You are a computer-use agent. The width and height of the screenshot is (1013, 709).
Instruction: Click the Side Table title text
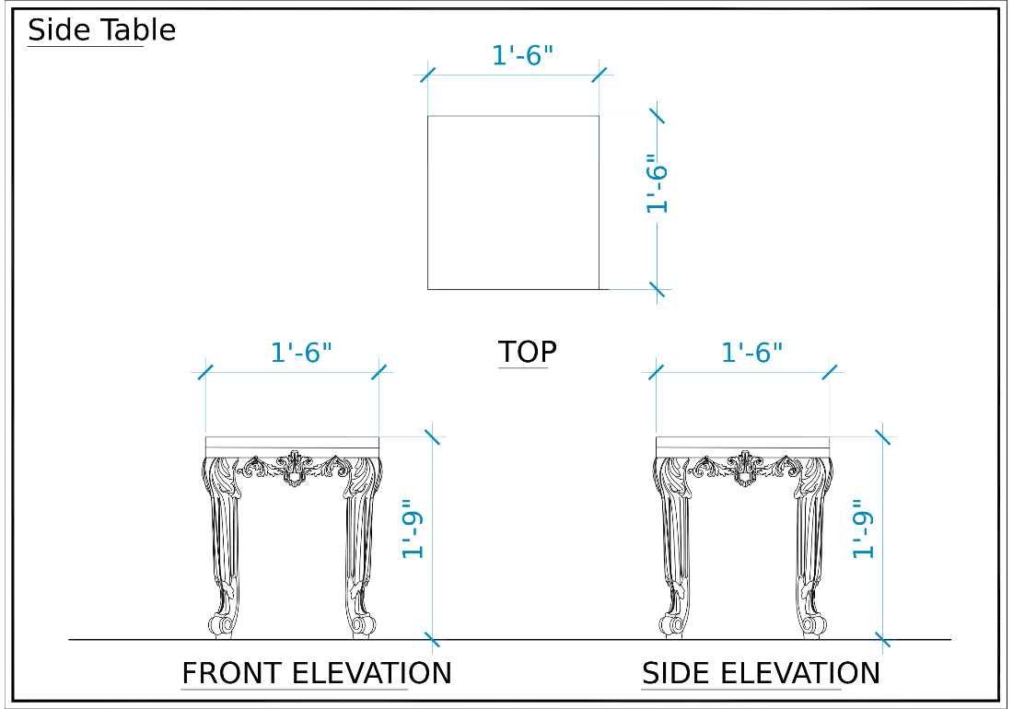[101, 30]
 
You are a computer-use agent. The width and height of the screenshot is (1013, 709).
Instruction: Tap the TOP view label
[527, 352]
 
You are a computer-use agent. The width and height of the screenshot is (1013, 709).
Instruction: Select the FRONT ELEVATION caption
[317, 673]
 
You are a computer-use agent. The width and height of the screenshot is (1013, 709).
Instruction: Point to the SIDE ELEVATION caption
[761, 673]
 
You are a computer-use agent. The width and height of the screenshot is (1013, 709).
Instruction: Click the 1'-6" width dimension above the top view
[523, 55]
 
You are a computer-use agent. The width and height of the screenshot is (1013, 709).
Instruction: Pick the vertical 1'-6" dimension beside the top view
[657, 184]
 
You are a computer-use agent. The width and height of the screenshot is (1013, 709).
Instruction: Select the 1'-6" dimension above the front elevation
[301, 353]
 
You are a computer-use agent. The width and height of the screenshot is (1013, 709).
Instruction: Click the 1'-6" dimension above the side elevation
[751, 353]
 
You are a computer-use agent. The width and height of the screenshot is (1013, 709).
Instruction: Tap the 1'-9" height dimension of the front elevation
[413, 529]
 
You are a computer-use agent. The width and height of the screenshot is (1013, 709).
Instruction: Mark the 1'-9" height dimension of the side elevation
[863, 529]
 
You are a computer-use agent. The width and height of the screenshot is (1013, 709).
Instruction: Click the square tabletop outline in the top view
[427, 203]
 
